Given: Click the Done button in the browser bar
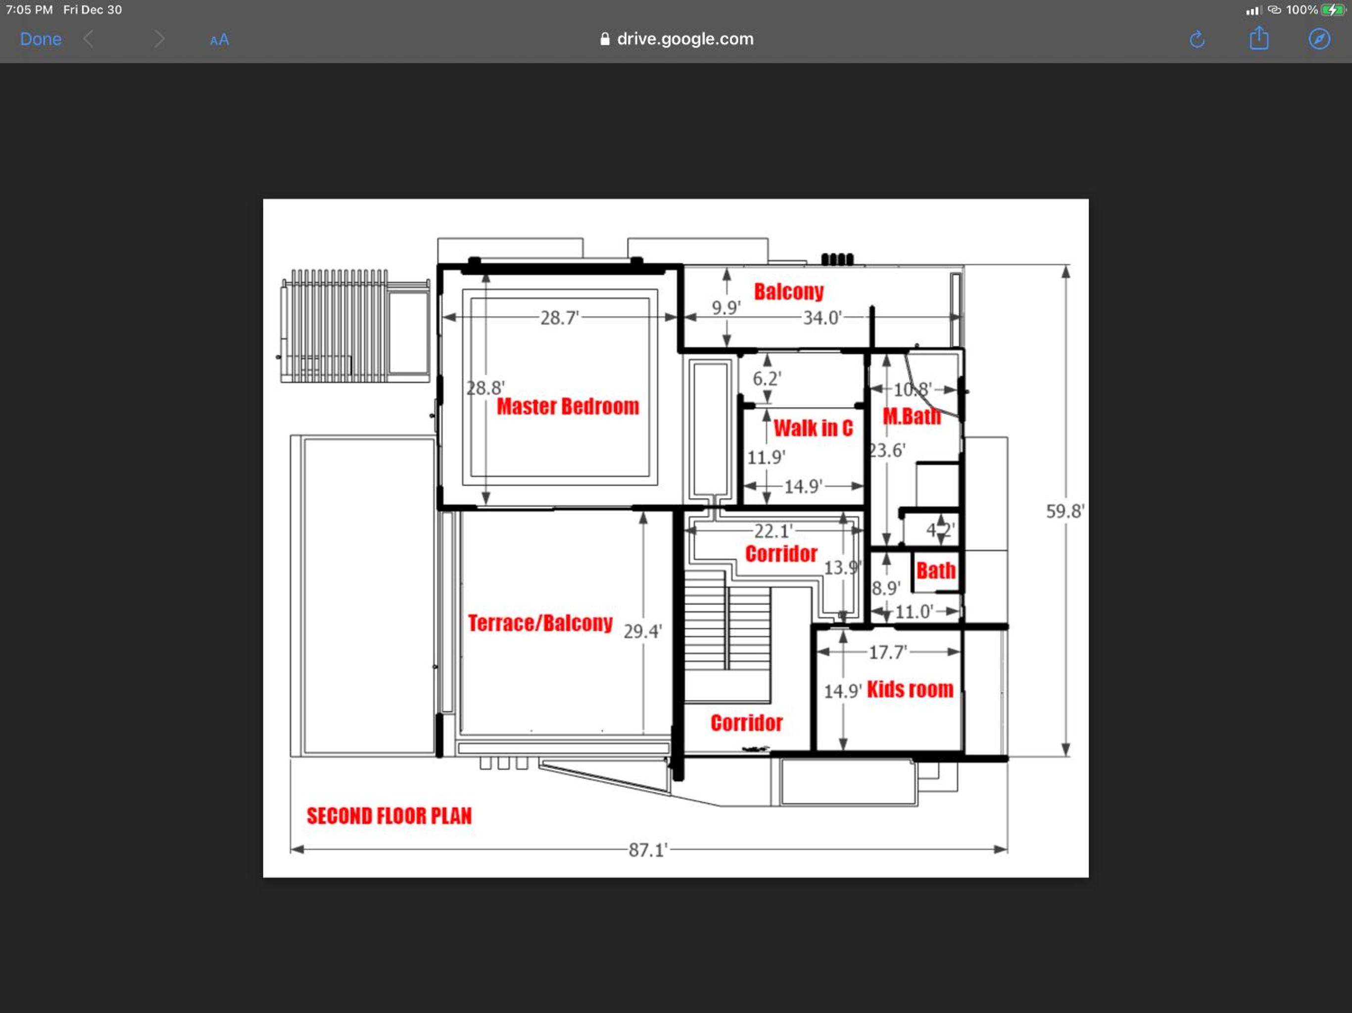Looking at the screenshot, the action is point(41,39).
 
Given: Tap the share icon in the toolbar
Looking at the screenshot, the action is point(1258,39).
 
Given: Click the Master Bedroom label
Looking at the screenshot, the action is point(568,407).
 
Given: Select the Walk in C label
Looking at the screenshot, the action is point(813,428).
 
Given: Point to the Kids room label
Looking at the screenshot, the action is point(910,689).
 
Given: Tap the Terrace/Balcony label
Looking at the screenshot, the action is point(540,623).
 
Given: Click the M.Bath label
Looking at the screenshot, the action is point(912,416).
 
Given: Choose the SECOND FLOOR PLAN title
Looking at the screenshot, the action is point(389,816).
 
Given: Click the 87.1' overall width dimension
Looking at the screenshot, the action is point(648,850).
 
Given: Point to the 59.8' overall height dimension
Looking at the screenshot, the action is point(1065,511).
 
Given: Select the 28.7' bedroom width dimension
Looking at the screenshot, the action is point(559,318).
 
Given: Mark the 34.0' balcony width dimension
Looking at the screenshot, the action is point(822,318).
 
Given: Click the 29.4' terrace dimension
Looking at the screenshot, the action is point(642,631).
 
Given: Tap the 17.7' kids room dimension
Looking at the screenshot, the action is point(887,652).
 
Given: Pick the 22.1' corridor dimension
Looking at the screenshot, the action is point(773,531).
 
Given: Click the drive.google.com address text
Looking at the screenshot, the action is point(685,39).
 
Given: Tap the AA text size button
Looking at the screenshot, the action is point(219,40).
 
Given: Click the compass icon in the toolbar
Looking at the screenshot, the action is point(1319,39).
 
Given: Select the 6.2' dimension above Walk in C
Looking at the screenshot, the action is point(767,379).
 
